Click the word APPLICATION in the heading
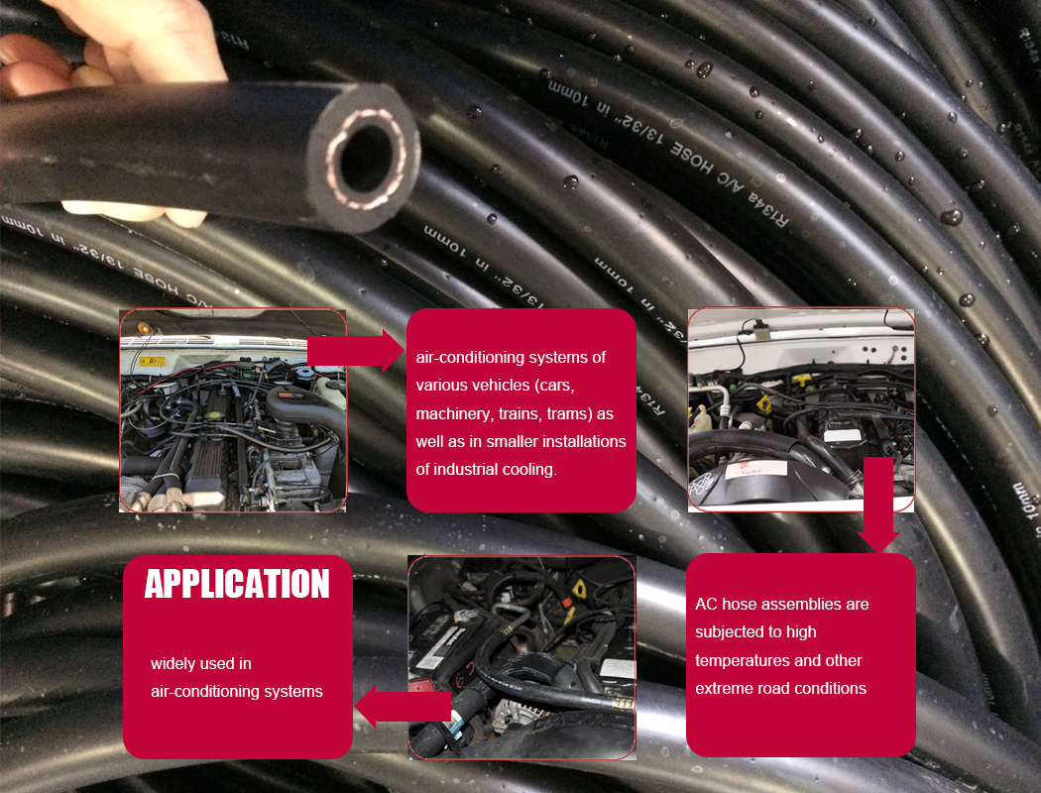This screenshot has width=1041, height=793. tap(237, 584)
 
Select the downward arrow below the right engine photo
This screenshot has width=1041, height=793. tap(877, 506)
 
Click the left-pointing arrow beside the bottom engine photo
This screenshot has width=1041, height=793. tap(402, 706)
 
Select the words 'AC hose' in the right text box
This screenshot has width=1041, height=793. tap(732, 604)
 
